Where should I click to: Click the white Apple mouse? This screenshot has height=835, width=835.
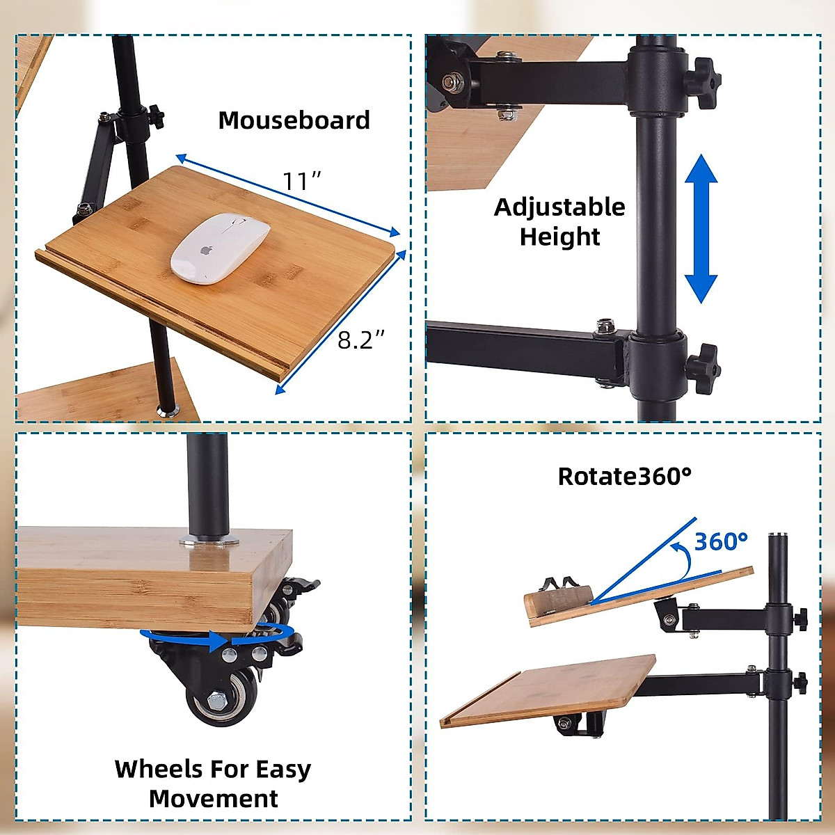coord(220,248)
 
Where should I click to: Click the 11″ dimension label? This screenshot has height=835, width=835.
coord(301,181)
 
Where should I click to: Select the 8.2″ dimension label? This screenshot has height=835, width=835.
coord(361,340)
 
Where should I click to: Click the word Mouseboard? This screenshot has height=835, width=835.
coord(294,120)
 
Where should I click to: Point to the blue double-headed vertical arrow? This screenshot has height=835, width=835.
coord(701,229)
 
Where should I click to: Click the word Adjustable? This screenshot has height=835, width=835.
coord(559,207)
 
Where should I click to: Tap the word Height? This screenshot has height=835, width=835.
coord(559,237)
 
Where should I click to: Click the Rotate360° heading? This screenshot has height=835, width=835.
coord(625,477)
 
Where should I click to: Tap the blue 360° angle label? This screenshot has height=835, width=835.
coord(721,541)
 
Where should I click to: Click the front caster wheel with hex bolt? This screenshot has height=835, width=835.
coord(223,694)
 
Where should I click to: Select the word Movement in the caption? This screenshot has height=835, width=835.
coord(214,799)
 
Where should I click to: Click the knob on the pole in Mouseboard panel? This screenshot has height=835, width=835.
coord(154,111)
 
